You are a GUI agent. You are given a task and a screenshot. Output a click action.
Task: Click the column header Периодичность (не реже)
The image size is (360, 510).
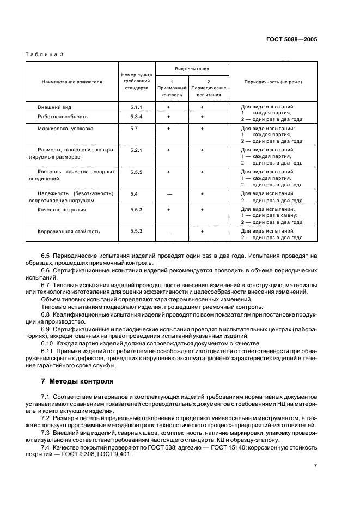(273, 82)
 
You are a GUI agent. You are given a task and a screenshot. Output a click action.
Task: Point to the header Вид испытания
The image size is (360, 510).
(192, 70)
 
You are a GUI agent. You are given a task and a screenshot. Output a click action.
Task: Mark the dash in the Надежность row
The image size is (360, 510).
(169, 193)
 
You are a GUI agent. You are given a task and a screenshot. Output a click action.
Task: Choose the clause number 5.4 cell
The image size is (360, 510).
(134, 193)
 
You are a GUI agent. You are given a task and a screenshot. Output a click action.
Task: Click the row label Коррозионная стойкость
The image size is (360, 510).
(69, 231)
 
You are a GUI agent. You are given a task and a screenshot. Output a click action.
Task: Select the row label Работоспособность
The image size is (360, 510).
(63, 117)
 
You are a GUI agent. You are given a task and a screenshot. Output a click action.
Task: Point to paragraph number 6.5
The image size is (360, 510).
(46, 256)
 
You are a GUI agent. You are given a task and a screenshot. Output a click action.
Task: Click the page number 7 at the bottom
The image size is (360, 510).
(315, 466)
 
